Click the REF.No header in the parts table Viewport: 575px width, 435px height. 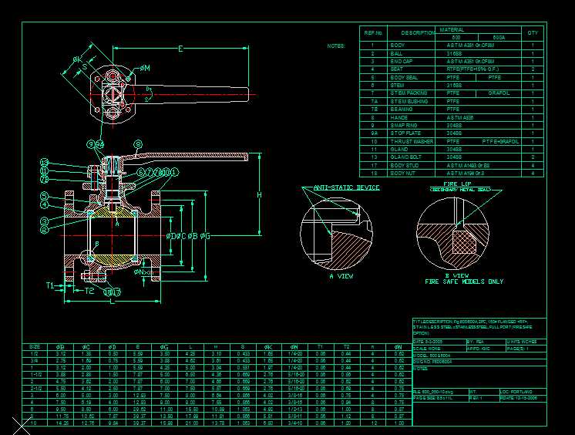tap(373, 33)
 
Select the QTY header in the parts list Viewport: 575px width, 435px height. tap(533, 33)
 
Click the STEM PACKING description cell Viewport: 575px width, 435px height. tap(409, 93)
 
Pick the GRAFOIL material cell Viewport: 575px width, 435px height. tap(499, 93)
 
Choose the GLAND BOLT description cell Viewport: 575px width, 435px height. tap(407, 157)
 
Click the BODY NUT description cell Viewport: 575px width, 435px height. tap(405, 174)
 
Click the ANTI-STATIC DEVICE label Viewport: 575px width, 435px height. tap(346, 187)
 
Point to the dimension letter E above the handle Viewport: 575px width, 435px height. tap(180, 49)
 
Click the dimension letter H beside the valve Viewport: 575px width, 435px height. tap(259, 195)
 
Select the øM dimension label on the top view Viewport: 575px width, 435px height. tap(144, 68)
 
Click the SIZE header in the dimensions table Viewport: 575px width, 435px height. tap(35, 346)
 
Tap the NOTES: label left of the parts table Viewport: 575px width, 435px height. tap(335, 46)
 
